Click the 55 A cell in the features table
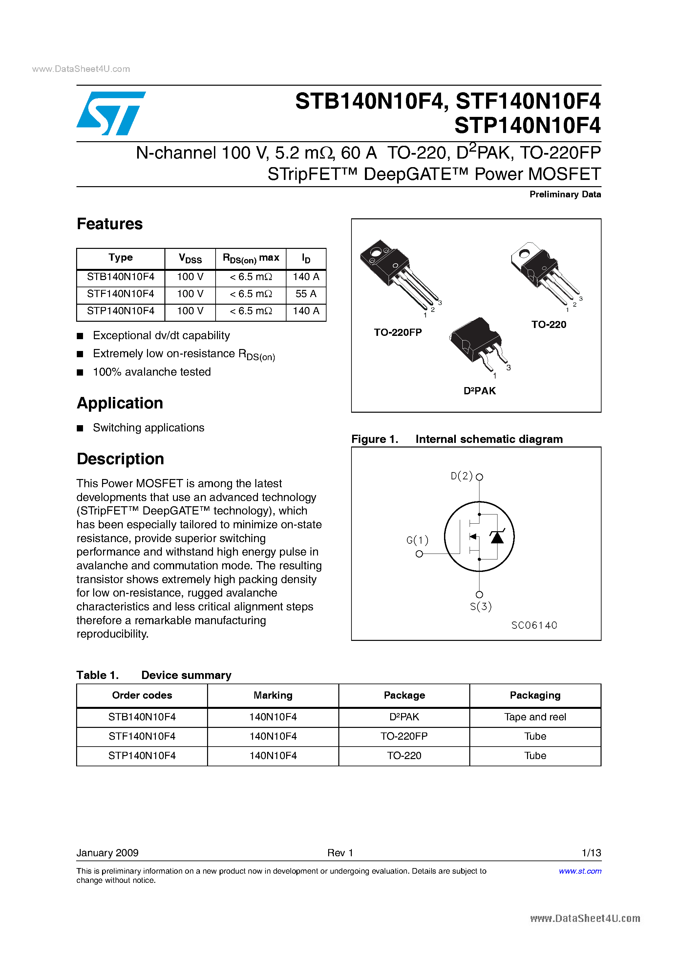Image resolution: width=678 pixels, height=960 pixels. pyautogui.click(x=306, y=294)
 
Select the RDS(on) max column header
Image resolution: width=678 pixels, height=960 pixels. pyautogui.click(x=251, y=258)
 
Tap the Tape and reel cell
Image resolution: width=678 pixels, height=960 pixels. pyautogui.click(x=535, y=717)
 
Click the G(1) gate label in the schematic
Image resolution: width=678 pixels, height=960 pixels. pyautogui.click(x=417, y=540)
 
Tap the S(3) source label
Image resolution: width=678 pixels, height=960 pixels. pyautogui.click(x=481, y=606)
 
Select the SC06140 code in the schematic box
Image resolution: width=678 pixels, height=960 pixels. pyautogui.click(x=534, y=625)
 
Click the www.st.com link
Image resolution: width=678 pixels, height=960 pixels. pyautogui.click(x=580, y=871)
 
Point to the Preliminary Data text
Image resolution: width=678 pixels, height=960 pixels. pyautogui.click(x=565, y=194)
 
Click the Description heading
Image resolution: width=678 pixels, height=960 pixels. pyautogui.click(x=120, y=459)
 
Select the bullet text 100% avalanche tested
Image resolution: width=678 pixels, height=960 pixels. pyautogui.click(x=152, y=372)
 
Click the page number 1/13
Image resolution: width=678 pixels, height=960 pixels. pyautogui.click(x=591, y=853)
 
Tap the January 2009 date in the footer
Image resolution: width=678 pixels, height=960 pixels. pyautogui.click(x=107, y=853)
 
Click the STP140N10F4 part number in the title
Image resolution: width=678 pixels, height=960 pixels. pyautogui.click(x=527, y=125)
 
